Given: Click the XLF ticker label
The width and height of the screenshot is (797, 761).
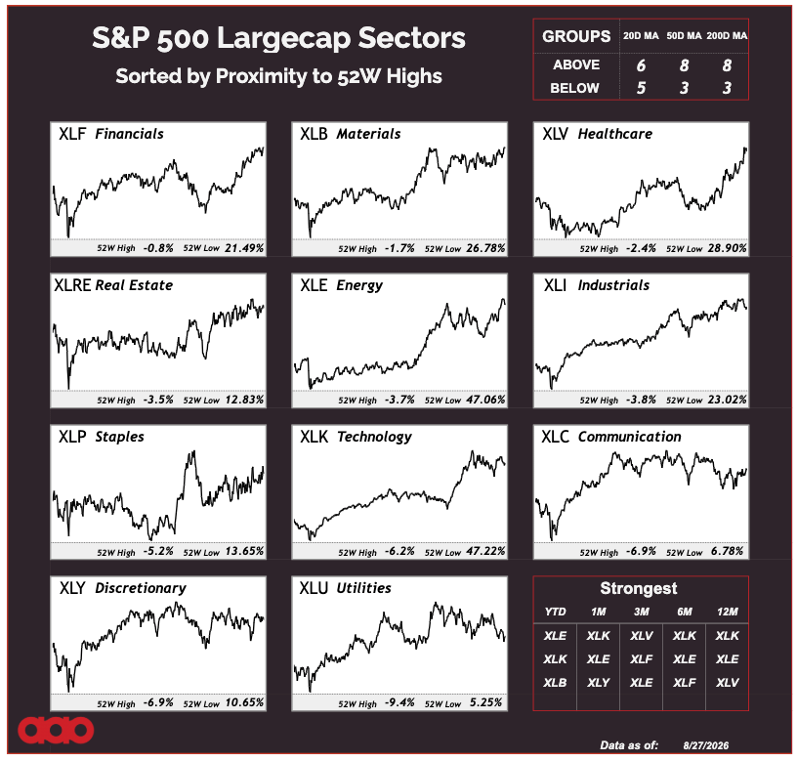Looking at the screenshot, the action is (72, 134).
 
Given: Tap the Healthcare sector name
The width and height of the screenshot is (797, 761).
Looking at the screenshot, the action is (615, 134).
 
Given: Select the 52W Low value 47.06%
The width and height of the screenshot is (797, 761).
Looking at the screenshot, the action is (486, 400).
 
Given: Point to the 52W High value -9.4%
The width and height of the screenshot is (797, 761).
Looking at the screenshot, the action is (399, 702).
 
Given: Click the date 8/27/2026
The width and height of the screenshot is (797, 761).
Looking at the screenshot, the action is (706, 745).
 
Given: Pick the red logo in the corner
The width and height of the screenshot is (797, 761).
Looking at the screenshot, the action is (56, 730).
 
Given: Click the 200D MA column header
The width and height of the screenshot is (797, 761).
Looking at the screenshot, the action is (727, 35).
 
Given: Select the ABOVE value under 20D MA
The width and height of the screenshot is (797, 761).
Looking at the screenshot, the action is (641, 65).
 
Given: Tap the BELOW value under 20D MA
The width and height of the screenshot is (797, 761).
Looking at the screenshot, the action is (641, 88).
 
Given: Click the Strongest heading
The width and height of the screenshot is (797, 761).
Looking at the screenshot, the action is (639, 588).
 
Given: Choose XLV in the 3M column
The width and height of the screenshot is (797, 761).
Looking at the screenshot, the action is (642, 635).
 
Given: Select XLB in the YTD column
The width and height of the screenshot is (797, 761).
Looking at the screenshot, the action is (555, 682).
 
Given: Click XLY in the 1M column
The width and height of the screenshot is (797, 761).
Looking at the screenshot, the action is (599, 682).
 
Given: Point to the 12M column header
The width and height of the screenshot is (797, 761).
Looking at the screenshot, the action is (728, 612).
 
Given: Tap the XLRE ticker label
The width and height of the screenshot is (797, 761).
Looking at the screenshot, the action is (72, 285).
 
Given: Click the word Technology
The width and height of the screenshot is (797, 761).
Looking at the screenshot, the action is (374, 438).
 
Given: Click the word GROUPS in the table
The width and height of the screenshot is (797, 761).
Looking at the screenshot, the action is (576, 36).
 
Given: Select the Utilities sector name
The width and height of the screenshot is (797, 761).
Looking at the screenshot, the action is (364, 588).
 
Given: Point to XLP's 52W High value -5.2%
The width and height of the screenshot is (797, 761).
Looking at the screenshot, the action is (158, 551).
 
